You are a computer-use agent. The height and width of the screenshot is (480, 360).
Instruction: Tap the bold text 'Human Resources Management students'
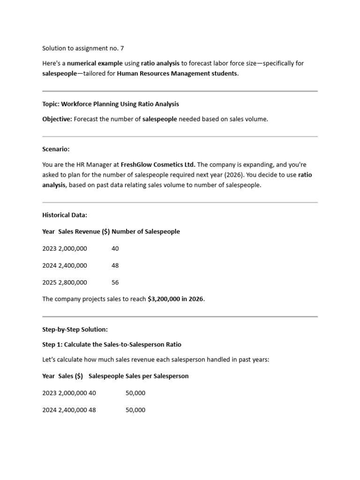click(177, 74)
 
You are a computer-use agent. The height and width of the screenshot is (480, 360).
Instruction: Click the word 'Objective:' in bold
click(57, 119)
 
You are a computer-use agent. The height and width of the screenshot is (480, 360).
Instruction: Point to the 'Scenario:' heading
click(56, 149)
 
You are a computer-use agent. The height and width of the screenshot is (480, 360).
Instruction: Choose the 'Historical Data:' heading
click(65, 215)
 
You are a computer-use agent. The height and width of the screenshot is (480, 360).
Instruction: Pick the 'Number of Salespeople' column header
click(146, 232)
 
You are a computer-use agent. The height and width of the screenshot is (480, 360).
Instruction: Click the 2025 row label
click(49, 282)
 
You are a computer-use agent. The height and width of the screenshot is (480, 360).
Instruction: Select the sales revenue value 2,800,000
click(73, 282)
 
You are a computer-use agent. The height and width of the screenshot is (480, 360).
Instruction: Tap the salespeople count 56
click(115, 282)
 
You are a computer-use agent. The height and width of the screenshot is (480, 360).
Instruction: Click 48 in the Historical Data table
click(115, 265)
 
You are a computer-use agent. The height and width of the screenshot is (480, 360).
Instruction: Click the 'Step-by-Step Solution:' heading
click(75, 330)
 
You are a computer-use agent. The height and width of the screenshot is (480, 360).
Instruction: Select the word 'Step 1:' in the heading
click(52, 345)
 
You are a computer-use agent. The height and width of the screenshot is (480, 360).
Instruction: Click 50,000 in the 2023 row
click(135, 393)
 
